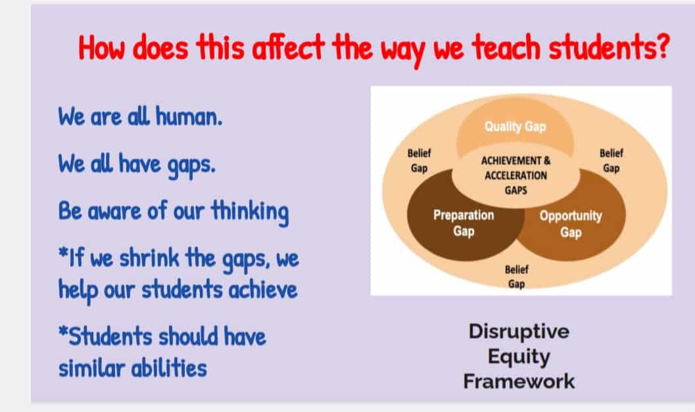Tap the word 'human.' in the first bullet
click(189, 116)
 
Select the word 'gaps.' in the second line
click(191, 165)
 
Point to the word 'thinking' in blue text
click(250, 211)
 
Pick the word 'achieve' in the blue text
click(263, 290)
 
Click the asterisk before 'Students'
click(63, 330)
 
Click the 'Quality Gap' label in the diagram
click(515, 127)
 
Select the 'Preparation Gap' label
click(464, 223)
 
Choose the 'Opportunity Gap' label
click(571, 224)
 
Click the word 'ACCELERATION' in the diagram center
click(516, 176)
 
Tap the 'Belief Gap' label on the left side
click(419, 161)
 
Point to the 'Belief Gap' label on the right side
click(611, 161)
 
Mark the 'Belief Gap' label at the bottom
click(516, 276)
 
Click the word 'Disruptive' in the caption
click(519, 331)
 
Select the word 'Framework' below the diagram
click(519, 382)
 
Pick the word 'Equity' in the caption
click(519, 357)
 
